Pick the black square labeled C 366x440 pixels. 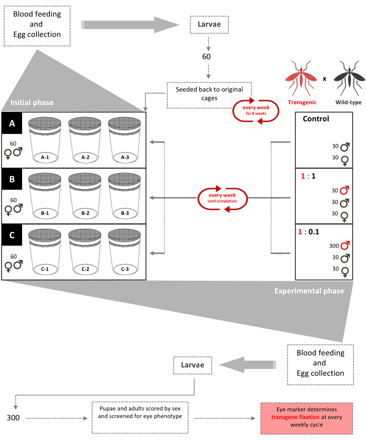pos(12,236)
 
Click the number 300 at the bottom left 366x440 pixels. pos(13,418)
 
